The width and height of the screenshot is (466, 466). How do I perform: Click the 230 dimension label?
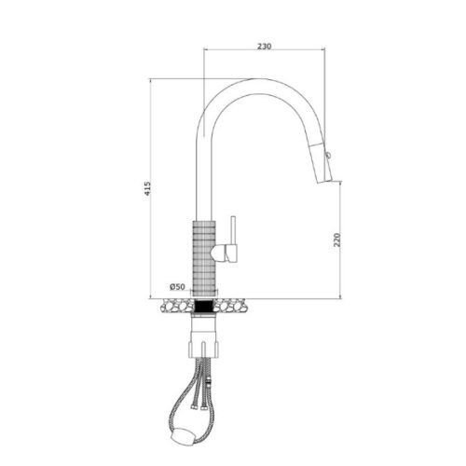point(264,47)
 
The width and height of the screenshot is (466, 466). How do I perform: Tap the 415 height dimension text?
point(147,188)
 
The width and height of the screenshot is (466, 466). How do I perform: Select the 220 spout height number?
point(337,240)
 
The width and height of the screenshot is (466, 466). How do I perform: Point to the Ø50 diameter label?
point(177,287)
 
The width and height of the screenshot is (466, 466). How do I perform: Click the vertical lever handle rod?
point(233,230)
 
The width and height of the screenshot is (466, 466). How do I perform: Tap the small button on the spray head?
point(328,155)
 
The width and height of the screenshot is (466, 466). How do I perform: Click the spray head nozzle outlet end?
point(324,182)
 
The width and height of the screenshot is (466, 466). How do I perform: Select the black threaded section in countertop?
point(203,306)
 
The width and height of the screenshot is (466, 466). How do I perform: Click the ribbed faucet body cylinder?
point(204,258)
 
